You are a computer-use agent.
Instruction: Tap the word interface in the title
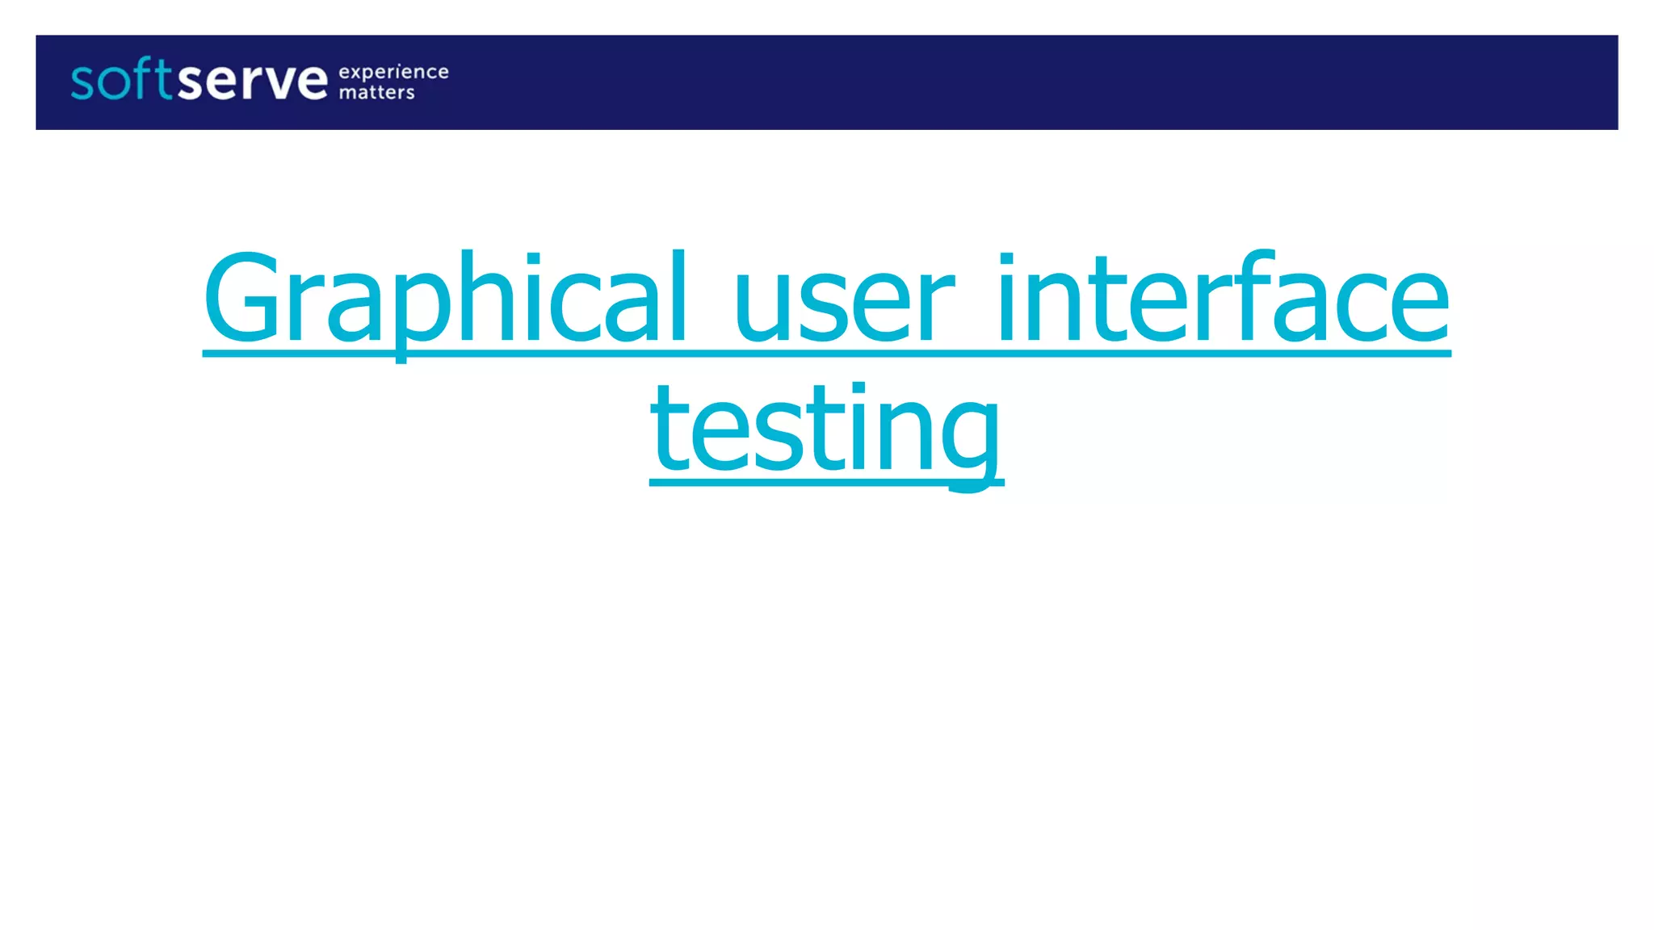coord(1224,299)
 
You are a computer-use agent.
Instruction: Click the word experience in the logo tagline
coord(393,73)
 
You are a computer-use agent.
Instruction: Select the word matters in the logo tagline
coord(376,93)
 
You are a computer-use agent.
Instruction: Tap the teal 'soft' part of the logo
coord(121,81)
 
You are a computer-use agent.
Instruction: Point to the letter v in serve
coord(283,83)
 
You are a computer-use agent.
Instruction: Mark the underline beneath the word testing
coord(826,483)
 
